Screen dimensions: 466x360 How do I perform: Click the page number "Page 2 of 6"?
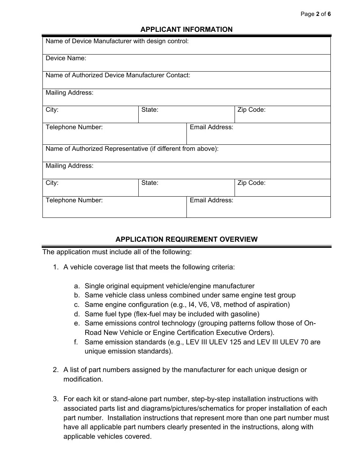click(315, 14)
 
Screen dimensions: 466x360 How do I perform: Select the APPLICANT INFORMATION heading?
click(186, 29)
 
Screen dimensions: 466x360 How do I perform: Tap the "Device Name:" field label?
click(66, 58)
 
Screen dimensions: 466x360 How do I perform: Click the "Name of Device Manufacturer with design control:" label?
click(117, 41)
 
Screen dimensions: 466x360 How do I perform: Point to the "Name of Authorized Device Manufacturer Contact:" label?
click(118, 75)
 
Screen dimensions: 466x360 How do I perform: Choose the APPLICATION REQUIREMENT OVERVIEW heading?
click(186, 239)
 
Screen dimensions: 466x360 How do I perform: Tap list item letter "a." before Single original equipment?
click(77, 286)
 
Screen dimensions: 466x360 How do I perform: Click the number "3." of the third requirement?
click(56, 399)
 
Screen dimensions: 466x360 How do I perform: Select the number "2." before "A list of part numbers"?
click(56, 370)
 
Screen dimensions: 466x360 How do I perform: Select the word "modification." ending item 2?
click(83, 379)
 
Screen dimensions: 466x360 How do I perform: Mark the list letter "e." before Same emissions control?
click(77, 323)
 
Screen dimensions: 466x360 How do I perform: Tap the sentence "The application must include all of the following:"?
click(117, 252)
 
